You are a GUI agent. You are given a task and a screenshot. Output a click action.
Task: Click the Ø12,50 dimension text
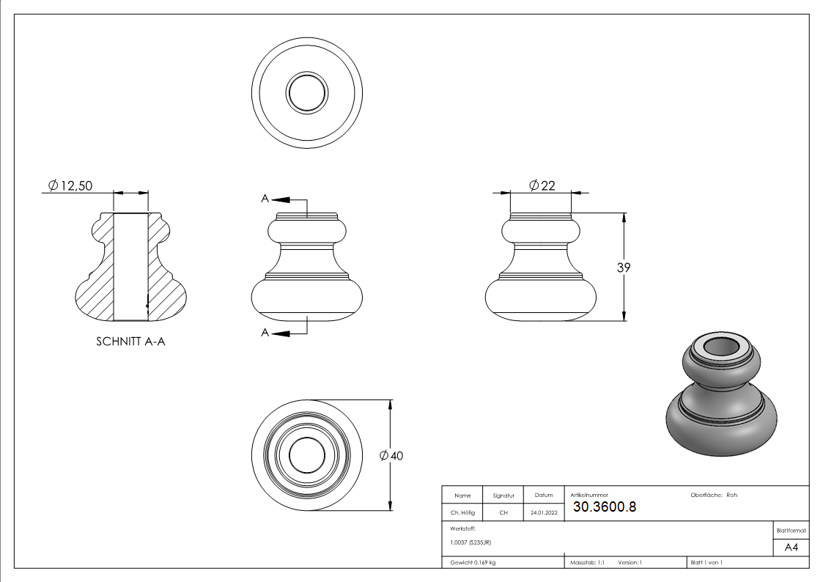(70, 186)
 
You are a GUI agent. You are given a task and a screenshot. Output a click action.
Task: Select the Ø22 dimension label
(542, 185)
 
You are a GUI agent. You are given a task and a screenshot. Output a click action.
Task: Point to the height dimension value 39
(624, 268)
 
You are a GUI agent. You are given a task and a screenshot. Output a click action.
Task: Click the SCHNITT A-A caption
(130, 342)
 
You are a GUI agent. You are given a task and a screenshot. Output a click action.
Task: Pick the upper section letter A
(265, 199)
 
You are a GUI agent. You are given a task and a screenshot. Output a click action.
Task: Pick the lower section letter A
(265, 333)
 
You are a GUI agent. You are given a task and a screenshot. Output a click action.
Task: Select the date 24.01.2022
(544, 513)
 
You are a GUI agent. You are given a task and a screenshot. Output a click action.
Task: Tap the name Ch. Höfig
(462, 513)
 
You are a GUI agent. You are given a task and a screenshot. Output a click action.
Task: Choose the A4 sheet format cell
(791, 548)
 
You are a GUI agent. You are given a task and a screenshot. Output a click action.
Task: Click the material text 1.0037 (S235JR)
(470, 542)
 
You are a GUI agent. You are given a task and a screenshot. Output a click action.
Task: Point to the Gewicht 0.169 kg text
(473, 562)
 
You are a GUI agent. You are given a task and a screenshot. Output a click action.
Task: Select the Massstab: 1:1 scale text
(588, 562)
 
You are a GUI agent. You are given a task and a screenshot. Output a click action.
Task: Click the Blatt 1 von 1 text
(706, 562)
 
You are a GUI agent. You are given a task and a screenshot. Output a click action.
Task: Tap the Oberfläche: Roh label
(714, 495)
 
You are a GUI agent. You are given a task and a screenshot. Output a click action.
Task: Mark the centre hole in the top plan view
(307, 92)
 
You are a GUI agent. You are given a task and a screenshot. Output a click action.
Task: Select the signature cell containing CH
(503, 513)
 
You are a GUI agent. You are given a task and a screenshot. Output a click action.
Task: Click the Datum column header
(544, 496)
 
